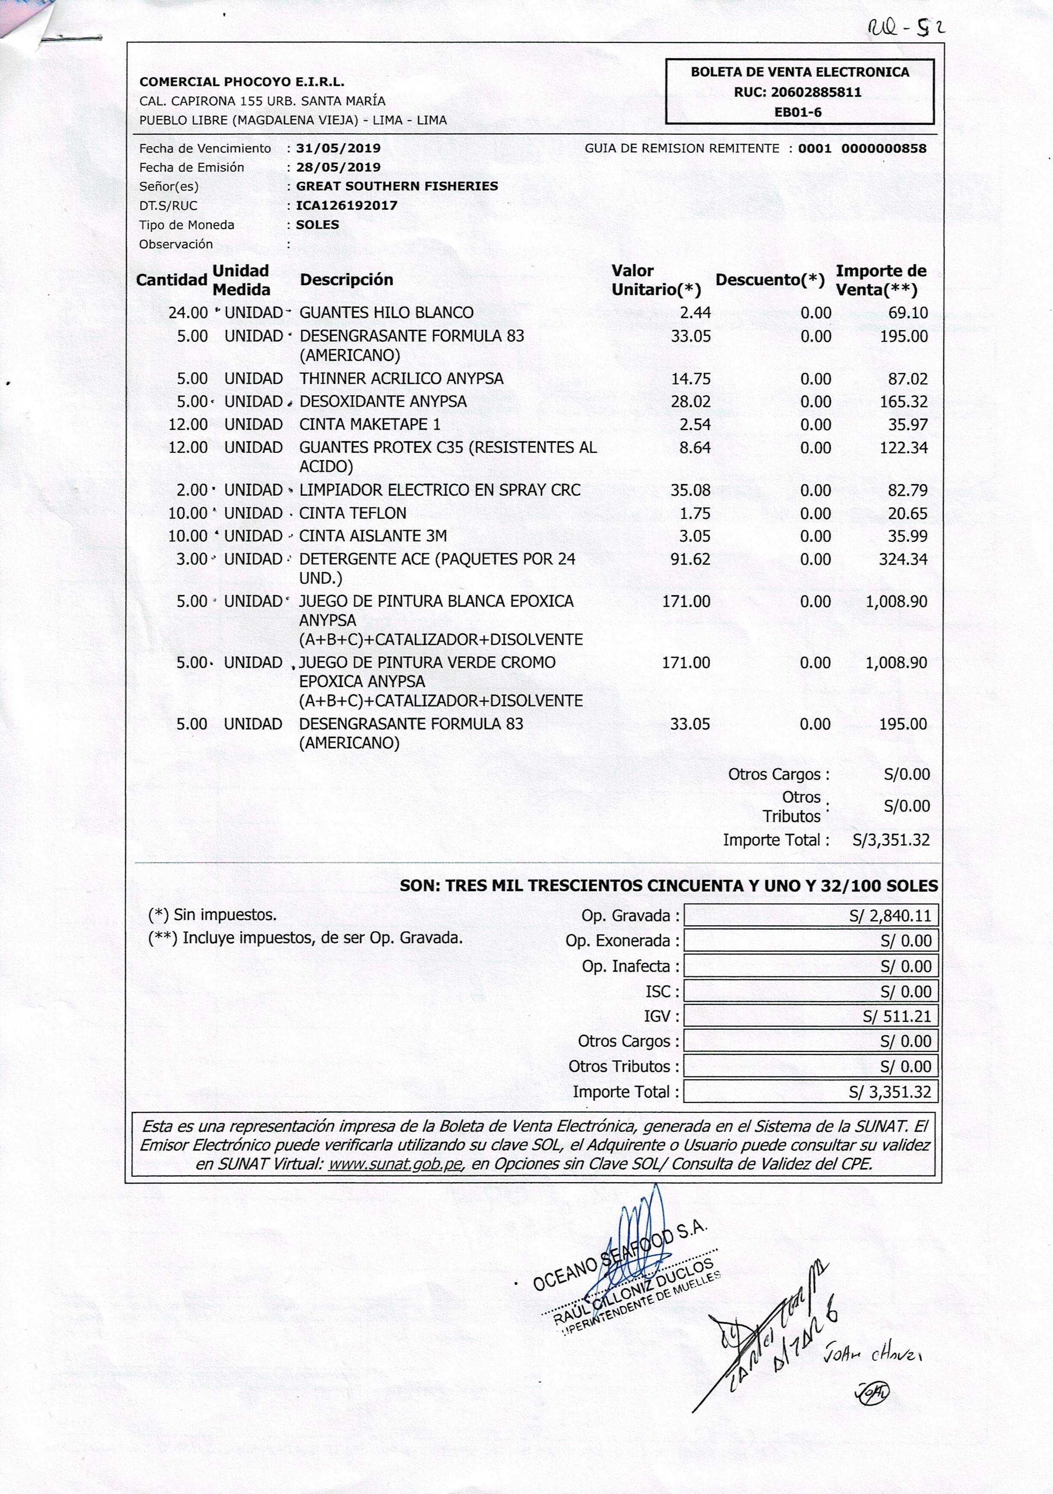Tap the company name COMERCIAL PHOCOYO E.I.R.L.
pos(242,82)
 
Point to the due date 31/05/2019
pos(338,148)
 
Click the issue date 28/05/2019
pos(338,167)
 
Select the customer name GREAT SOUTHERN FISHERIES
pos(397,186)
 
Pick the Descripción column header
pos(346,280)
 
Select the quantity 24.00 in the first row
pos(188,313)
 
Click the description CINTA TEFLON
pos(353,513)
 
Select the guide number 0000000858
pos(883,148)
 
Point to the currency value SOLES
pos(318,225)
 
